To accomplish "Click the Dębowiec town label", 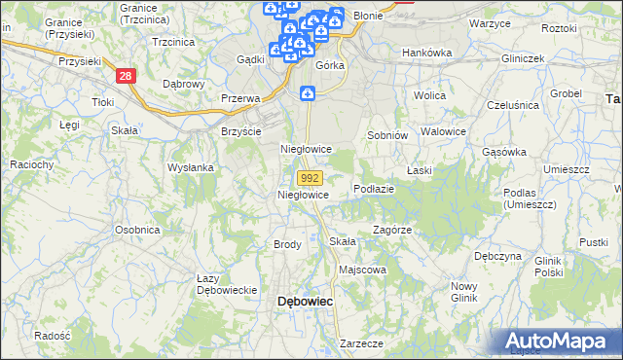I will (x=306, y=302).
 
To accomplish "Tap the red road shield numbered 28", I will (x=124, y=75).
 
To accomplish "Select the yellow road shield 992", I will (x=310, y=178).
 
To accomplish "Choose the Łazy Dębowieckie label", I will (x=226, y=284).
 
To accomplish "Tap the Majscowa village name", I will (x=362, y=270).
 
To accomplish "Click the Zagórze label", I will (x=392, y=231).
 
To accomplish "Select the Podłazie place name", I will (x=374, y=189).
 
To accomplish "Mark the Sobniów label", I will (x=385, y=135).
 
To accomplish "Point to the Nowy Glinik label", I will (x=464, y=292).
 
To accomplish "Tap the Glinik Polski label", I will (x=549, y=267).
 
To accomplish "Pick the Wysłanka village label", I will (x=190, y=167).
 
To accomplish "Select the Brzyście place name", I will (x=241, y=131).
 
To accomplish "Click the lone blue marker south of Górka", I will (x=308, y=93).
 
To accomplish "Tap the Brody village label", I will (x=287, y=244).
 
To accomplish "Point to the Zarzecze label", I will (x=361, y=343).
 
